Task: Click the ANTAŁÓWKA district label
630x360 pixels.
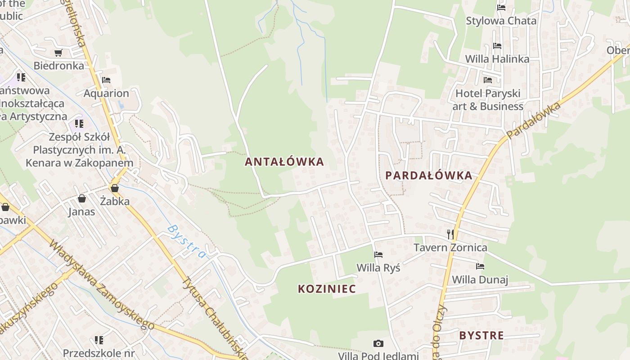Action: tap(284, 162)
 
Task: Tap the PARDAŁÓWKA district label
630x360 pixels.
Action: tap(429, 175)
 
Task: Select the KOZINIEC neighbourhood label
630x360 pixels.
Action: tap(327, 289)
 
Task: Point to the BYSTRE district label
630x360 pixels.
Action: tap(481, 335)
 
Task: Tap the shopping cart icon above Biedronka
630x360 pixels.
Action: tap(58, 53)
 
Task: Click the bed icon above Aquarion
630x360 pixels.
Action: tap(106, 80)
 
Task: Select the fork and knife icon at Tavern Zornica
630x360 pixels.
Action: tap(450, 234)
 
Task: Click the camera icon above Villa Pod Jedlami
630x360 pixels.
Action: tap(378, 344)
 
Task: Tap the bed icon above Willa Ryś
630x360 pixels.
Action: tap(378, 255)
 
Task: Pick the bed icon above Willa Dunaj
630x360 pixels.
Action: tap(480, 266)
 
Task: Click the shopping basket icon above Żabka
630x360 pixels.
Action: tap(115, 188)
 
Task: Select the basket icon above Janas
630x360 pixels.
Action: tap(82, 198)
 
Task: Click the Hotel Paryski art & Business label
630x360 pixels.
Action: tap(488, 100)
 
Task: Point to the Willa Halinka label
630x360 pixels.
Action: tap(497, 59)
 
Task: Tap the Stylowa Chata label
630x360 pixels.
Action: tap(501, 21)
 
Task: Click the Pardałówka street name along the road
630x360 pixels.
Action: tap(534, 120)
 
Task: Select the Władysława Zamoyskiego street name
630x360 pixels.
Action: tap(102, 285)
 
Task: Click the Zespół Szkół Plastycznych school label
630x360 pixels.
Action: tap(79, 149)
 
